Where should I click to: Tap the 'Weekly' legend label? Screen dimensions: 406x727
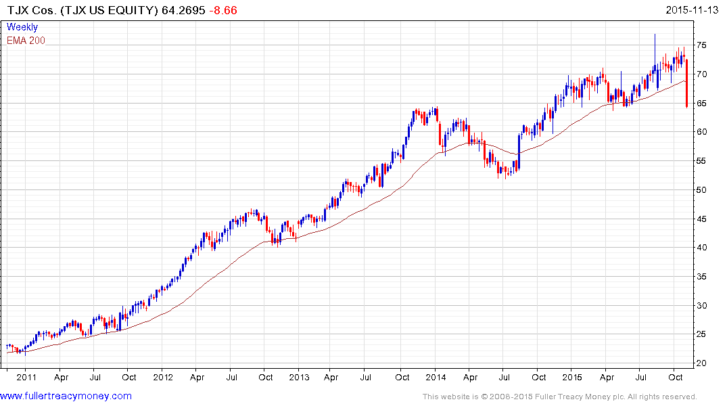(x=22, y=27)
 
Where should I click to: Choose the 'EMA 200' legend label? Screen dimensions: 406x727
(x=26, y=41)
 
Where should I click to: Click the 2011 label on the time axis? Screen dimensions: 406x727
(x=26, y=377)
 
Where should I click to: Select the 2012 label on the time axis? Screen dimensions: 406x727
(x=163, y=377)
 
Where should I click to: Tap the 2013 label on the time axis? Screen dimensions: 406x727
(x=299, y=377)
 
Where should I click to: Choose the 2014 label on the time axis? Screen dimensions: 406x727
(x=436, y=377)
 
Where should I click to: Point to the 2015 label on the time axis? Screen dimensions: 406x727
(x=572, y=377)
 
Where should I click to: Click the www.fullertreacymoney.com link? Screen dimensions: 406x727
(x=66, y=396)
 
